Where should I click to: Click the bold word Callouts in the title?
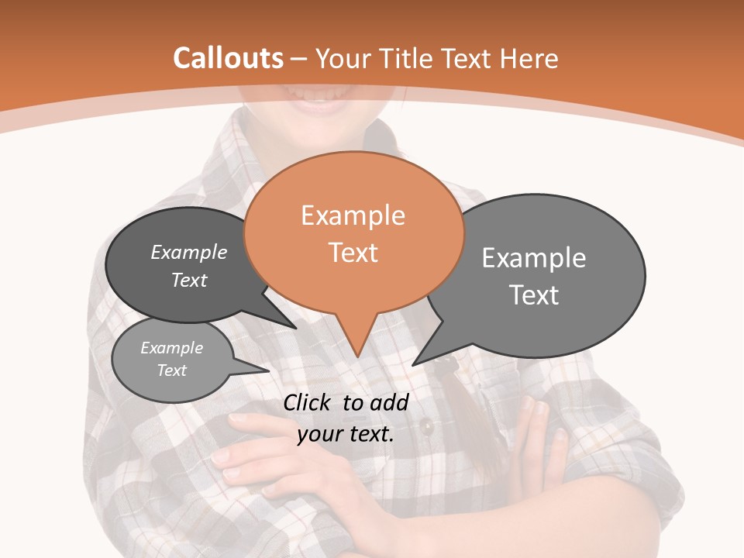[228, 58]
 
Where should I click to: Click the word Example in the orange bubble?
[353, 215]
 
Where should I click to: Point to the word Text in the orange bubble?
[353, 253]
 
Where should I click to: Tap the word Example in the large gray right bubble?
[534, 258]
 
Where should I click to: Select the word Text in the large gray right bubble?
[534, 295]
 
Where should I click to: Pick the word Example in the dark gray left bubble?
[189, 253]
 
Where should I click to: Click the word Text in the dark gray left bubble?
[189, 280]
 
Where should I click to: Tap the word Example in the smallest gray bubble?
[171, 348]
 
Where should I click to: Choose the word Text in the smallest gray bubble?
[171, 370]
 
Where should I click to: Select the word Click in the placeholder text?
[308, 402]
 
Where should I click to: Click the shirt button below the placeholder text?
[425, 425]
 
